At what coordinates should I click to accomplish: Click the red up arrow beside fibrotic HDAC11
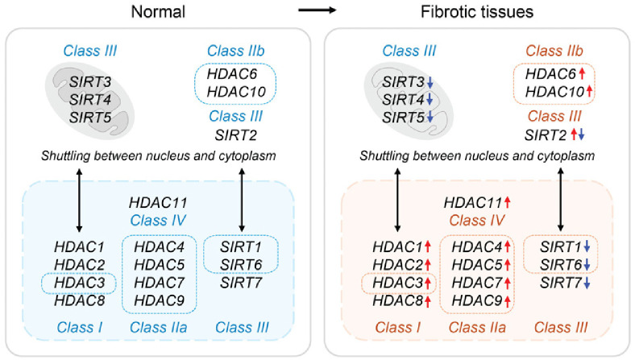[x=510, y=201]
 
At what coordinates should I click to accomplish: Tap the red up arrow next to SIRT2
[x=574, y=134]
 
